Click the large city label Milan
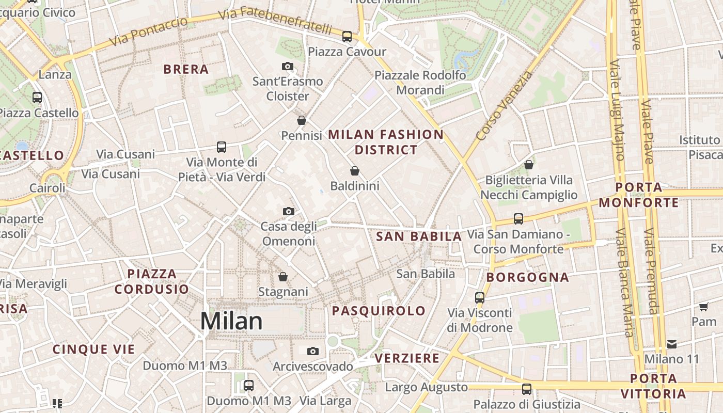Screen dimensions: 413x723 click(x=231, y=321)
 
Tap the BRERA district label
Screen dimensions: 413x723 click(x=186, y=69)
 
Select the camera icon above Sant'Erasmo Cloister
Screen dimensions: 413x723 click(x=288, y=66)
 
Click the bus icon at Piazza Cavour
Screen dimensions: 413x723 click(x=347, y=37)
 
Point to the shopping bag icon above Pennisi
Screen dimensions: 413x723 click(x=302, y=120)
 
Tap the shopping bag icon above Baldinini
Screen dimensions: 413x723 click(x=355, y=170)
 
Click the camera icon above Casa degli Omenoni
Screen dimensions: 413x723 click(x=289, y=211)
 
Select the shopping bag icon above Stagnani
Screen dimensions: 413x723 click(x=283, y=277)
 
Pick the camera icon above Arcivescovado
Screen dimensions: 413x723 click(x=312, y=352)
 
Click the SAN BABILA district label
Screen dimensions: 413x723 click(x=419, y=236)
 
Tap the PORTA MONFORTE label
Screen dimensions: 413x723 click(x=639, y=195)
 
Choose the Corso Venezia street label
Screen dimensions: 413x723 click(x=504, y=106)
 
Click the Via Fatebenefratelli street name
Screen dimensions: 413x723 click(x=275, y=20)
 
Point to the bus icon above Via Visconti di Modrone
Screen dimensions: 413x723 click(x=480, y=297)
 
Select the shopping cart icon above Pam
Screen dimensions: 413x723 click(x=703, y=307)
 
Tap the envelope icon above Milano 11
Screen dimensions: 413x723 click(x=672, y=344)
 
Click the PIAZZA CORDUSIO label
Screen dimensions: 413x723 click(x=152, y=281)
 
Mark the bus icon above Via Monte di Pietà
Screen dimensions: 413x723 click(x=222, y=147)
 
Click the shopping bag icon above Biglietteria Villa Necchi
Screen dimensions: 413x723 click(x=529, y=165)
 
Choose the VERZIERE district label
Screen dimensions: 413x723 click(x=407, y=358)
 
